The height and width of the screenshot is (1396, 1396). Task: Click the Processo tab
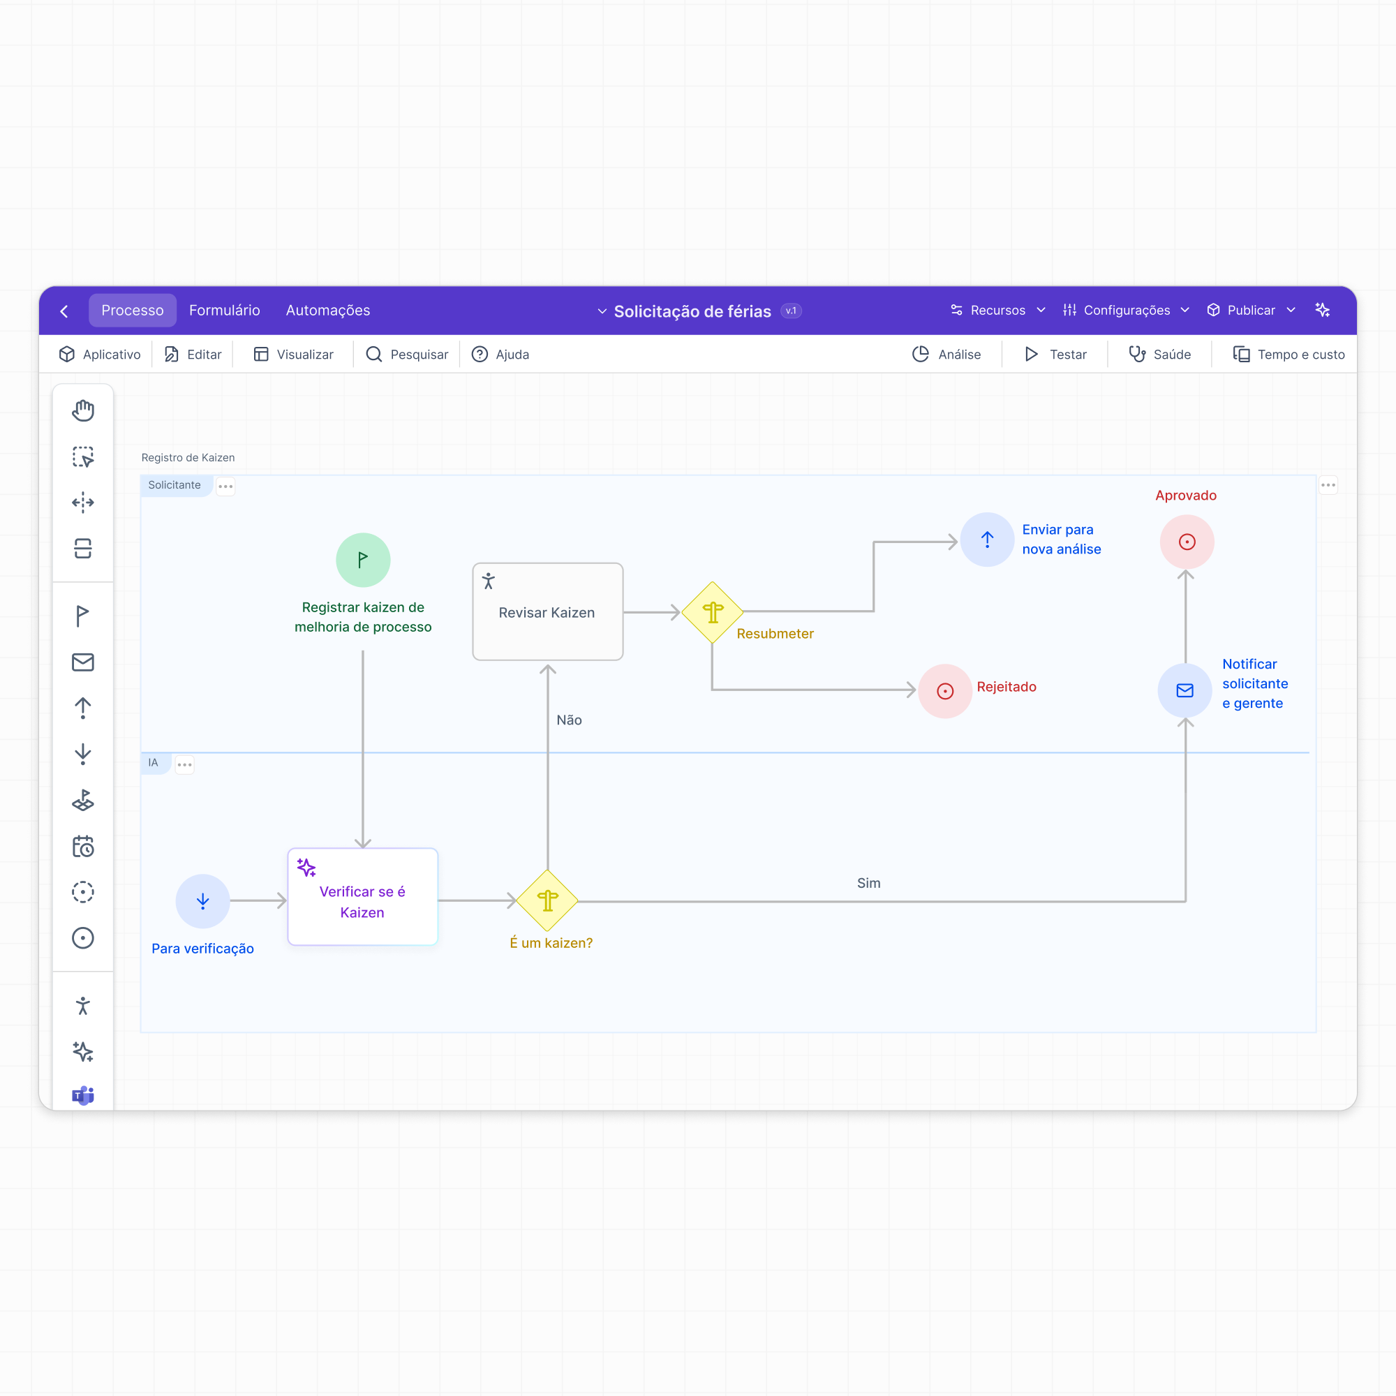132,310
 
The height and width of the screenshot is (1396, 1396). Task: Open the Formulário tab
225,310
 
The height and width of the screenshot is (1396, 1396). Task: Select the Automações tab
328,310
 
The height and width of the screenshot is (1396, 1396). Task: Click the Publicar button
1251,310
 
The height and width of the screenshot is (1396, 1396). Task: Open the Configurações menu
1126,310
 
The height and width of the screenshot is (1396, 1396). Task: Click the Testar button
1055,354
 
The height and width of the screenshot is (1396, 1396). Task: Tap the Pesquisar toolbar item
407,354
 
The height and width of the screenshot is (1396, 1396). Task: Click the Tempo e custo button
1289,354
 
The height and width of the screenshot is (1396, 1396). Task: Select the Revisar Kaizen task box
548,611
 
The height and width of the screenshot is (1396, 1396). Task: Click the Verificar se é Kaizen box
363,897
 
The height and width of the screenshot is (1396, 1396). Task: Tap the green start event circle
363,560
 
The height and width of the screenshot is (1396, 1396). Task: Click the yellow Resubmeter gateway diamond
713,612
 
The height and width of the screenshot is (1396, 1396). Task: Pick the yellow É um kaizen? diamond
548,900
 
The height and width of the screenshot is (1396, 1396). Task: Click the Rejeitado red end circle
945,691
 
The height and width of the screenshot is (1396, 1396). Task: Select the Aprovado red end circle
1187,542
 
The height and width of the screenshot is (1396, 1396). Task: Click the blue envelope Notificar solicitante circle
1185,691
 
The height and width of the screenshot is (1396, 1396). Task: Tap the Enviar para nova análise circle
987,540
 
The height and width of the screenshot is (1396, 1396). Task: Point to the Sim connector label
868,883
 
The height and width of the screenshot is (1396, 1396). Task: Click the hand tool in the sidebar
83,410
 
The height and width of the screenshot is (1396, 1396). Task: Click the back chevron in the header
64,311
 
